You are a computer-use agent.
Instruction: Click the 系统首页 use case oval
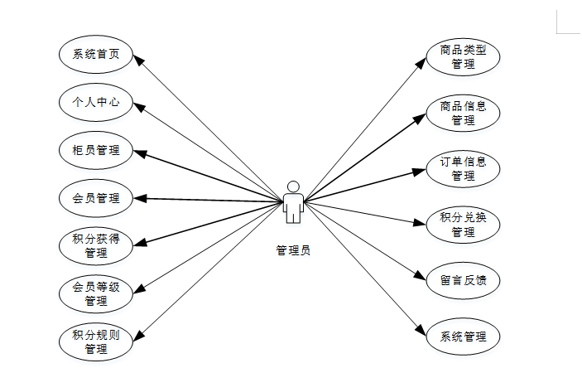click(x=96, y=55)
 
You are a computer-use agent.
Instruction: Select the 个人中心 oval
click(x=96, y=103)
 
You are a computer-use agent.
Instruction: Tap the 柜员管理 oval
click(x=96, y=150)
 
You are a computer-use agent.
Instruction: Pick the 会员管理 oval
click(x=96, y=198)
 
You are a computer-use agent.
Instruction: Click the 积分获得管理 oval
click(x=96, y=245)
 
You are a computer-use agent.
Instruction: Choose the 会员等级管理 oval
click(x=96, y=293)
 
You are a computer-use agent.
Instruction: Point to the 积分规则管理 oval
click(x=96, y=341)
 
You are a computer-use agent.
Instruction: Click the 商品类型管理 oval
click(x=464, y=56)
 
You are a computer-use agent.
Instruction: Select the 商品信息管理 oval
click(x=464, y=113)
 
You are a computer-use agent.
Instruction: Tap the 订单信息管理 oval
click(x=464, y=167)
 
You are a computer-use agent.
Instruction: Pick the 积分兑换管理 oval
click(x=464, y=225)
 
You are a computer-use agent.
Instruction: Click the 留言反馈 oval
click(x=464, y=280)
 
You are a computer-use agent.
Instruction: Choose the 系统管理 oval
click(x=464, y=337)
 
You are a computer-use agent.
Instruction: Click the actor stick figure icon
click(x=292, y=201)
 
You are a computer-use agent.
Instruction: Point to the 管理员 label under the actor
click(x=292, y=249)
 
